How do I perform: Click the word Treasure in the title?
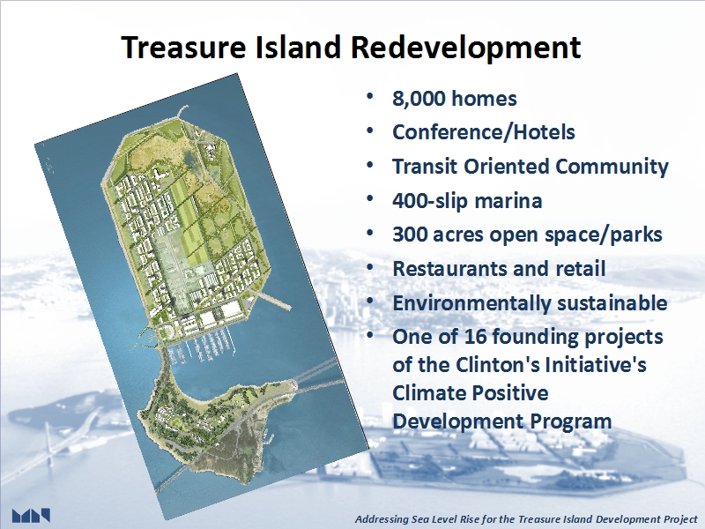(x=183, y=47)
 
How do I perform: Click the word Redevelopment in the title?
(x=466, y=48)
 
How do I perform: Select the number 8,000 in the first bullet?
(x=419, y=99)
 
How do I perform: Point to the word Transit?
(x=425, y=166)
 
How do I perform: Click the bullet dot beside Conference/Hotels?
(x=370, y=130)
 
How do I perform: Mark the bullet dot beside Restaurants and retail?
(x=370, y=267)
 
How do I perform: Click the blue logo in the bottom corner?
(x=31, y=516)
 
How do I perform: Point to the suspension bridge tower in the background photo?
(x=50, y=454)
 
